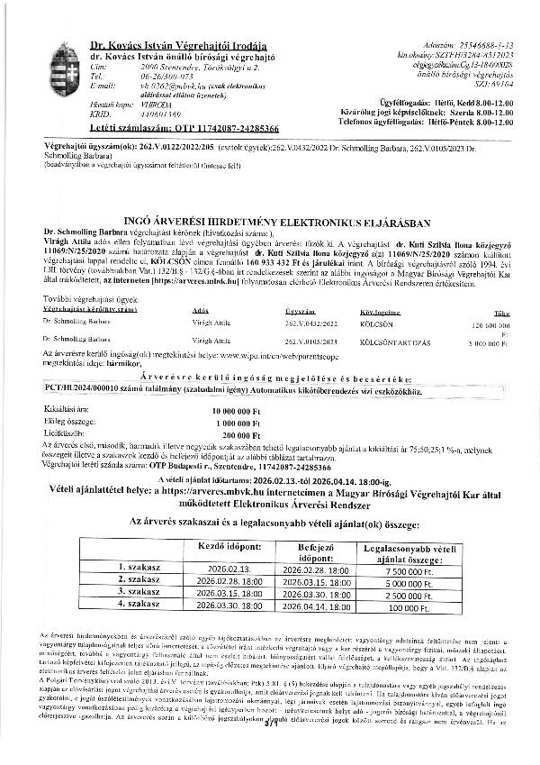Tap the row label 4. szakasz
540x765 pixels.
139,608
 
